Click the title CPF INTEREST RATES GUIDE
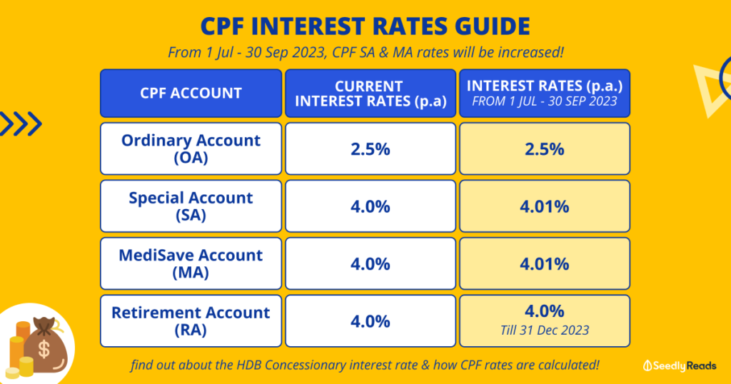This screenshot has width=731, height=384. [365, 26]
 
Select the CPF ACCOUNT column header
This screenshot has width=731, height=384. [191, 93]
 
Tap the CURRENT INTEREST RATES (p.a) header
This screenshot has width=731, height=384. [370, 94]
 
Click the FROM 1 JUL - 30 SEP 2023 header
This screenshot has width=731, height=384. [544, 101]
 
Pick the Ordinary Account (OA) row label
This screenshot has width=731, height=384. [191, 148]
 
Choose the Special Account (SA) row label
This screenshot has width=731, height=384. [191, 206]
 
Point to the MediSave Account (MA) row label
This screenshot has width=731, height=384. [191, 263]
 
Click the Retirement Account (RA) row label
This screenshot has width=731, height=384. [191, 320]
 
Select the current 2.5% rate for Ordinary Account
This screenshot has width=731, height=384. [370, 149]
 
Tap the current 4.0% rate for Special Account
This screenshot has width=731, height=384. [370, 206]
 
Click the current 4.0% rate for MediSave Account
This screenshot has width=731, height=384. [370, 263]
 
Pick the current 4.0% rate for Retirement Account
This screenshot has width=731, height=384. [370, 320]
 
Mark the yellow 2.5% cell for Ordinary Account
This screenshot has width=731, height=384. [544, 149]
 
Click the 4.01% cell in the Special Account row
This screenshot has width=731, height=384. [544, 206]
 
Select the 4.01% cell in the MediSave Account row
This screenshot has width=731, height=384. [544, 263]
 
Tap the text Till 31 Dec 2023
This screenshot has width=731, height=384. [544, 330]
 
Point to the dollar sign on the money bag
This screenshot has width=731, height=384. [44, 350]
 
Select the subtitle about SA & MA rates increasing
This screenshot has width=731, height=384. [365, 52]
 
